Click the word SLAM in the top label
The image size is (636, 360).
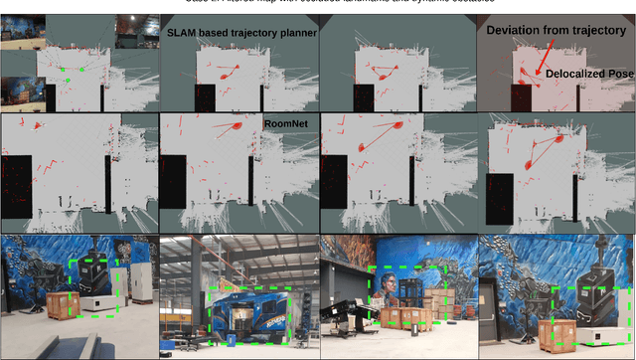point(181,33)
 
